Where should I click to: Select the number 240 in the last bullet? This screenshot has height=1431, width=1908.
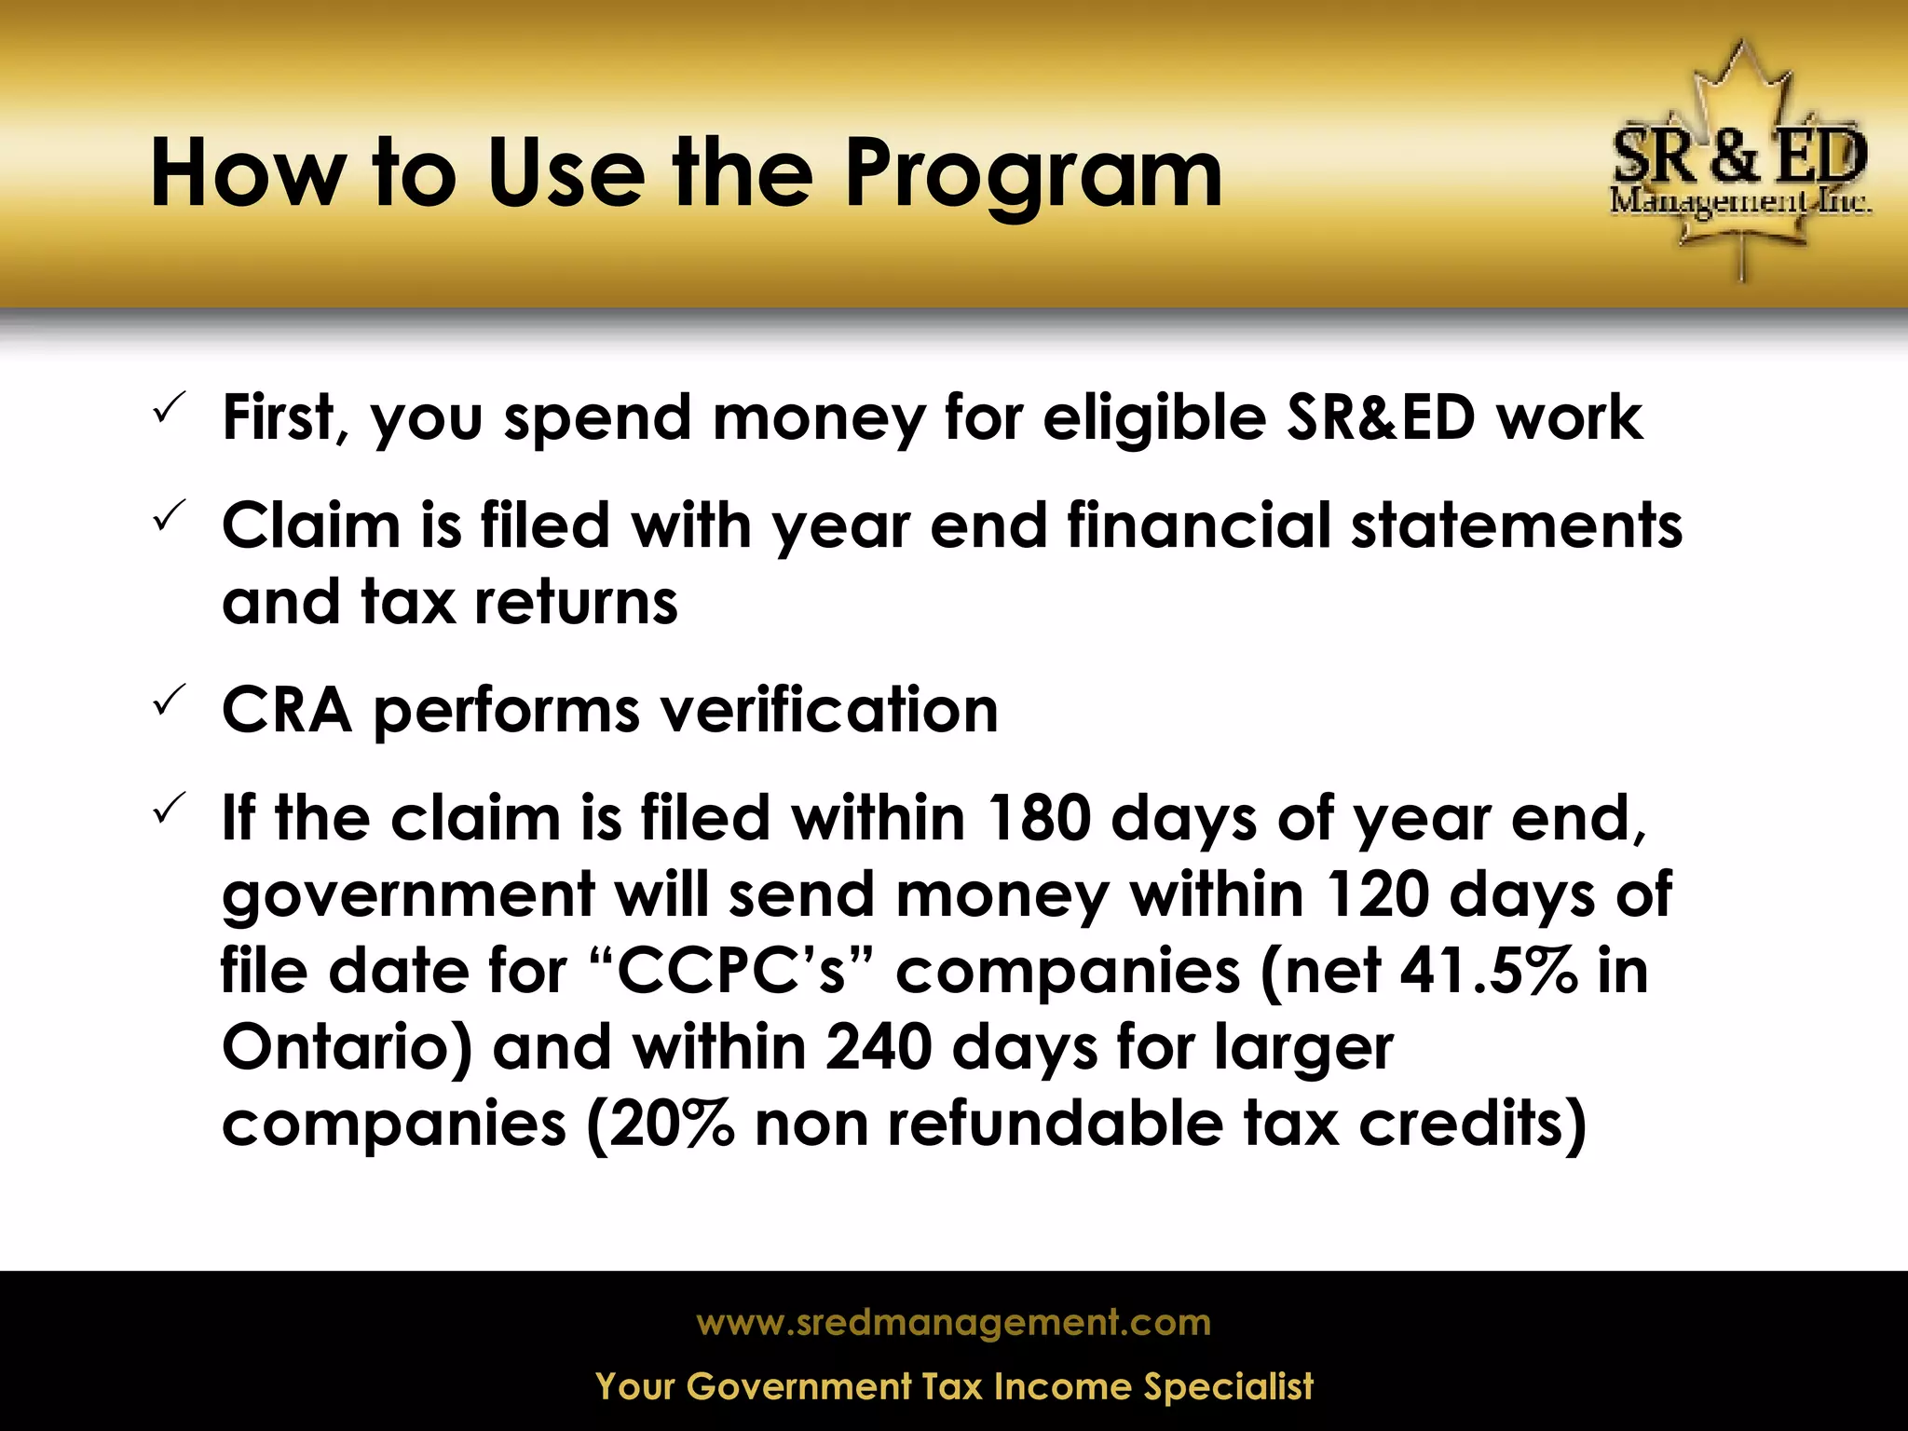[878, 1047]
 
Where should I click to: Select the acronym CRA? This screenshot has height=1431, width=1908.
[287, 711]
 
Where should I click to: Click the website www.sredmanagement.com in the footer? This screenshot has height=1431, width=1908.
[953, 1323]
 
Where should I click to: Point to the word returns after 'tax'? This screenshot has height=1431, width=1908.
[576, 603]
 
